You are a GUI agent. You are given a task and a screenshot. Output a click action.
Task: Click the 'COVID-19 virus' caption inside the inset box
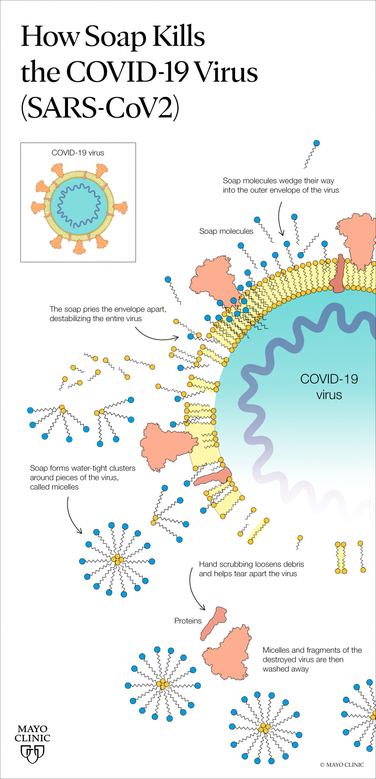tap(78, 152)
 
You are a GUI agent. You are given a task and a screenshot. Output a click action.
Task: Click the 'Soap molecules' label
tap(226, 231)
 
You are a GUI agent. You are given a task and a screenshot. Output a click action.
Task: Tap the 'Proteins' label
tap(188, 621)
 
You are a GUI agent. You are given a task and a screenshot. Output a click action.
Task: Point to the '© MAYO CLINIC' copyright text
tap(342, 764)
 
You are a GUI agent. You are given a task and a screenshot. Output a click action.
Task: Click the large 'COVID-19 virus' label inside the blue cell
tap(329, 386)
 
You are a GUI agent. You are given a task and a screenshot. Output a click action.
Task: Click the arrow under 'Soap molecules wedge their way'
tap(281, 218)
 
